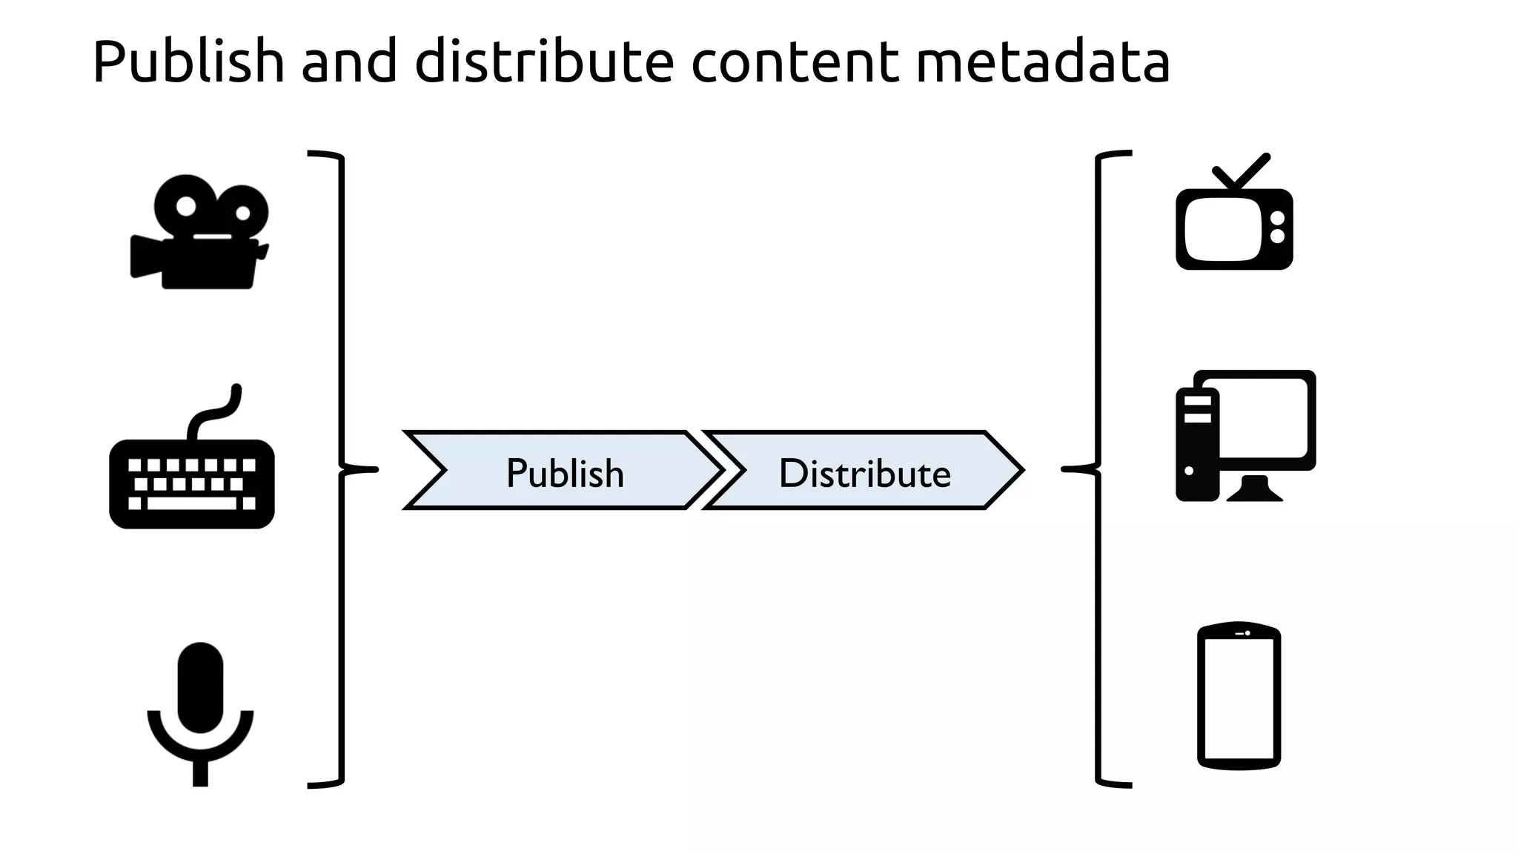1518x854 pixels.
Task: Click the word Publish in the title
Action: click(188, 62)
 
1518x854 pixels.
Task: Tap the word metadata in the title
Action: click(1043, 62)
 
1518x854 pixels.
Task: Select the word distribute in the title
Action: click(543, 62)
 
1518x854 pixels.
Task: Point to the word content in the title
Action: click(794, 62)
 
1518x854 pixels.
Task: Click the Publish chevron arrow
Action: click(565, 471)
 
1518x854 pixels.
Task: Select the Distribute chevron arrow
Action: click(864, 471)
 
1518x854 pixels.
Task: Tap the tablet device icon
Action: click(1239, 695)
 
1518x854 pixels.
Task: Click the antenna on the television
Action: click(1242, 172)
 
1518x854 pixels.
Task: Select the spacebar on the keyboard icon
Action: click(192, 503)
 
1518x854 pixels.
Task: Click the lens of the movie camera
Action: click(145, 256)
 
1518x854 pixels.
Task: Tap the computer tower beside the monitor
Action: click(1196, 445)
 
